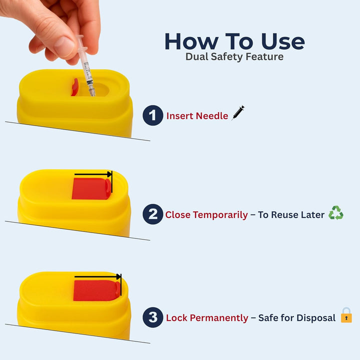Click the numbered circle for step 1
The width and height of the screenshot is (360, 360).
153,115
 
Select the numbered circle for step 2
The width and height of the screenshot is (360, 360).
152,214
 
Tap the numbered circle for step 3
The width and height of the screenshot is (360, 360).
153,317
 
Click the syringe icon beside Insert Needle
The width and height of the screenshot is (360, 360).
237,113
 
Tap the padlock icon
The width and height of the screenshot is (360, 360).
346,315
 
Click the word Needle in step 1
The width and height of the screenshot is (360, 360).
212,116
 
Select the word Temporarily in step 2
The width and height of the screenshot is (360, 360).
221,215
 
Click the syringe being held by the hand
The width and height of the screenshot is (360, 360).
87,70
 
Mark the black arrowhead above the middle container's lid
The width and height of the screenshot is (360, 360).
109,174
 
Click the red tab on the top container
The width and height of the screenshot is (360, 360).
74,87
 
